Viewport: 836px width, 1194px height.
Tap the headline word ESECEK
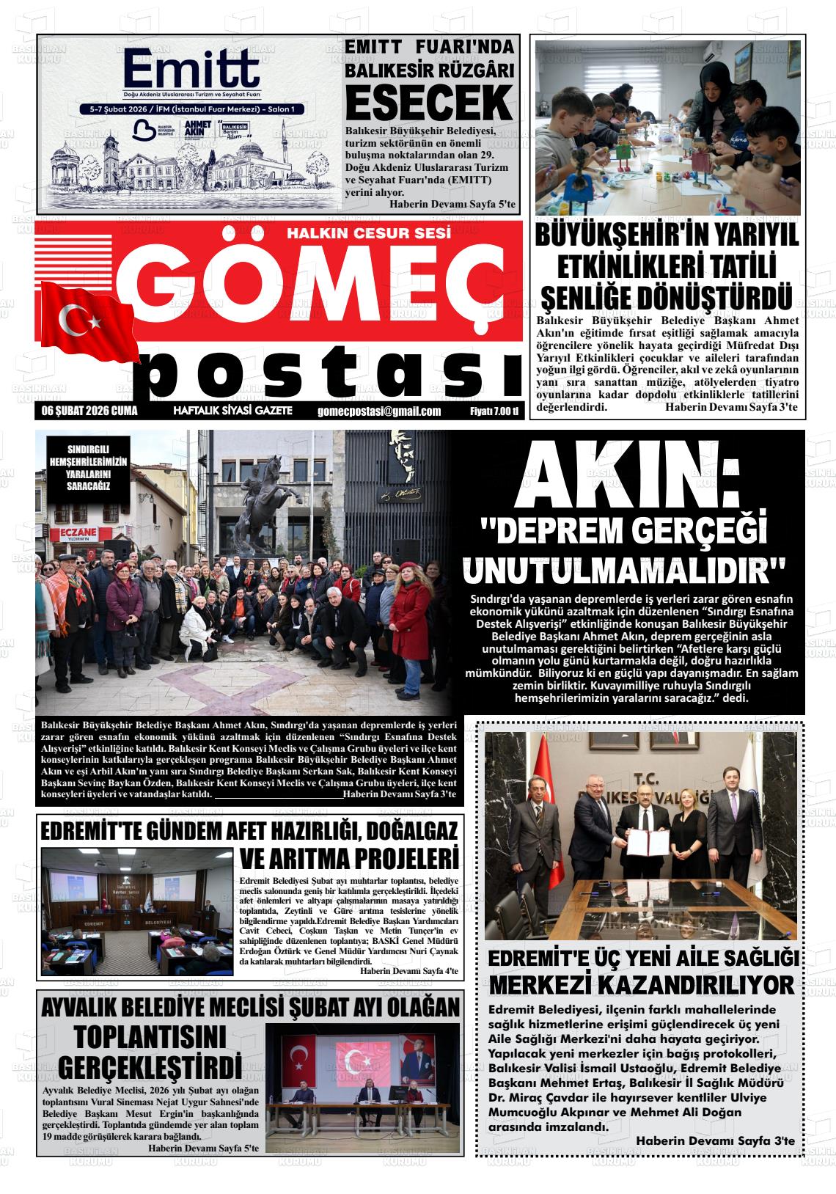click(428, 103)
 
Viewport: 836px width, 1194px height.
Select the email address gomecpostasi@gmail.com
click(380, 411)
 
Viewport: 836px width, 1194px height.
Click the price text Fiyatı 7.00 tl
click(494, 411)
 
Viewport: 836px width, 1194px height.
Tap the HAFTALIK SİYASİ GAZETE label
click(232, 411)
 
